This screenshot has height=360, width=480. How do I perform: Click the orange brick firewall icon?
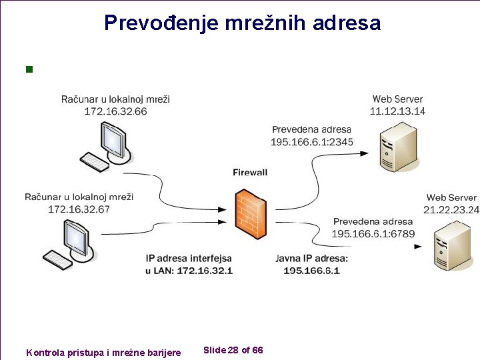coord(251,214)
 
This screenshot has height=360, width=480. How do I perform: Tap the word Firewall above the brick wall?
coord(250,172)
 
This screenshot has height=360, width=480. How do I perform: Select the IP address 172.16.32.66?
coord(115,111)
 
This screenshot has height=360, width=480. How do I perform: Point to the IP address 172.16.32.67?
coord(79,209)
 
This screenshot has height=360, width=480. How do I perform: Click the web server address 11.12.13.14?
coord(398,111)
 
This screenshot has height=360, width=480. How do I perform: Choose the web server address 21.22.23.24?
coord(452,209)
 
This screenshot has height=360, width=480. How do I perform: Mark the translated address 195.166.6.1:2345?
coord(312,141)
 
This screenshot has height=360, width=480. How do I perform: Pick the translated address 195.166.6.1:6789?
coord(373,233)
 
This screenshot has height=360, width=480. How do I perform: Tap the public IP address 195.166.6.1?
coord(311,270)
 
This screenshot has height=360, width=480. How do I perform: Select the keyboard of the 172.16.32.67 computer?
coord(57,257)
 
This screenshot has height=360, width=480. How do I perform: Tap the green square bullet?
coord(28,69)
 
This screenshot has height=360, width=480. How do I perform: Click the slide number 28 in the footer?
coord(233,350)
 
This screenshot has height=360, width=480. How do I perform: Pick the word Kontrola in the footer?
coord(45,352)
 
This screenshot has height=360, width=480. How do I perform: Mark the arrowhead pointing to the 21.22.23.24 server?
coord(418,246)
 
